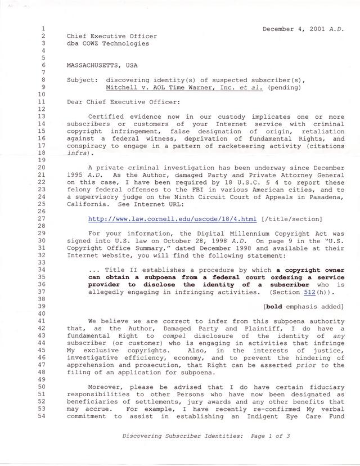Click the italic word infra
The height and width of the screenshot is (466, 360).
pos(77,152)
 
